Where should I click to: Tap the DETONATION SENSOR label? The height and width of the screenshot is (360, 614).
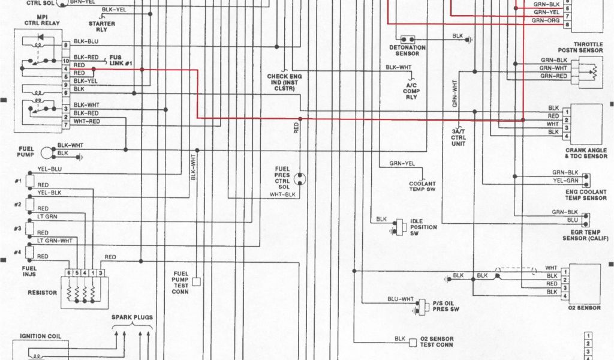408,50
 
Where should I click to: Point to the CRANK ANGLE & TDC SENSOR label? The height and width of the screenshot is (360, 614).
586,153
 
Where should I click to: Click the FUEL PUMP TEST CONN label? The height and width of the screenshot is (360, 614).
181,282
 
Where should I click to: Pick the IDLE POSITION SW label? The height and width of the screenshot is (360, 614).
423,227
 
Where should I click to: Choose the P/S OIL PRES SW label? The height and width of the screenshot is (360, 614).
446,306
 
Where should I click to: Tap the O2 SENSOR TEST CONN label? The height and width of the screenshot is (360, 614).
437,342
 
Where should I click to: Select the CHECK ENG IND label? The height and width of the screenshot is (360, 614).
284,83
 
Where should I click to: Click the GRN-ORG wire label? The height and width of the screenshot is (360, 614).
546,20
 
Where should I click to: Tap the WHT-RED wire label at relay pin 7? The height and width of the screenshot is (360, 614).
86,121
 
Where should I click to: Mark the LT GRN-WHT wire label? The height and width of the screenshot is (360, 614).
55,241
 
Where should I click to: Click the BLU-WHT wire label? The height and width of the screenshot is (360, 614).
400,299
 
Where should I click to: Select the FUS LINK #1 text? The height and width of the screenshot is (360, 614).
121,61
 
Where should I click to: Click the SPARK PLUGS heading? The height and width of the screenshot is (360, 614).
132,317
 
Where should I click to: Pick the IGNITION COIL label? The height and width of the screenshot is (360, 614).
41,337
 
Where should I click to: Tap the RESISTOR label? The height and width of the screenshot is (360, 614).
43,293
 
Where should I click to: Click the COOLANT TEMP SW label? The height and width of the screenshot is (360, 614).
422,186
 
